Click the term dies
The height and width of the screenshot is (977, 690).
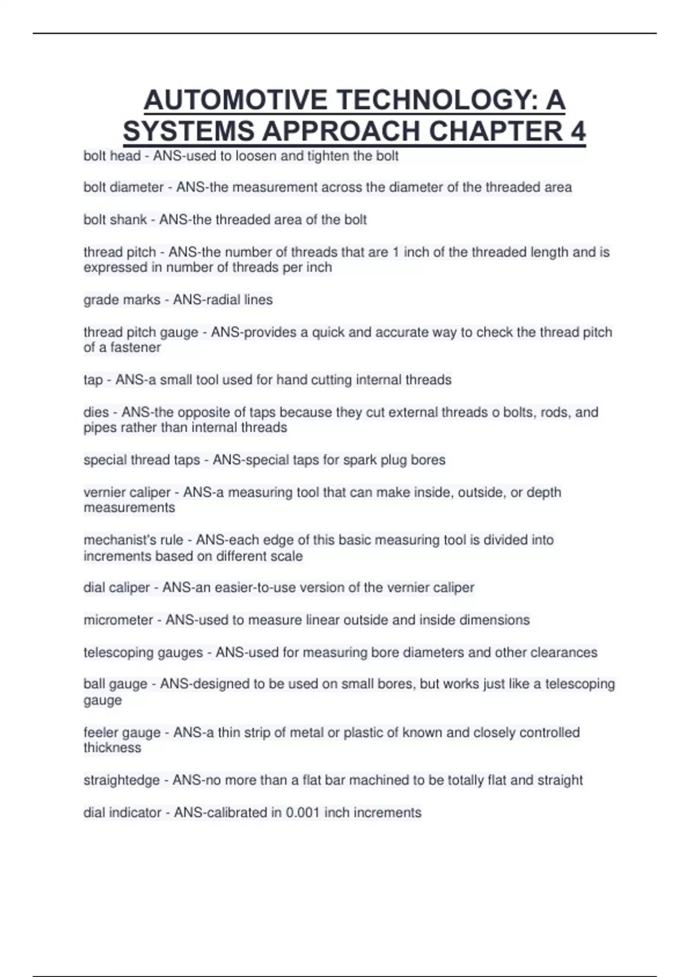96,413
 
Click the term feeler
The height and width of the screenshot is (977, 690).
101,733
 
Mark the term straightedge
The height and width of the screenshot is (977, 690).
121,780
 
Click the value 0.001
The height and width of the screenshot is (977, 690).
303,813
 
